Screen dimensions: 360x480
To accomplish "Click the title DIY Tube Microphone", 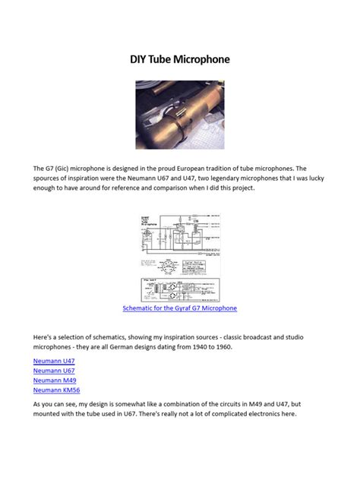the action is [180, 58].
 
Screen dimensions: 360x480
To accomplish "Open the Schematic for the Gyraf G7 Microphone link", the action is [180, 308].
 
